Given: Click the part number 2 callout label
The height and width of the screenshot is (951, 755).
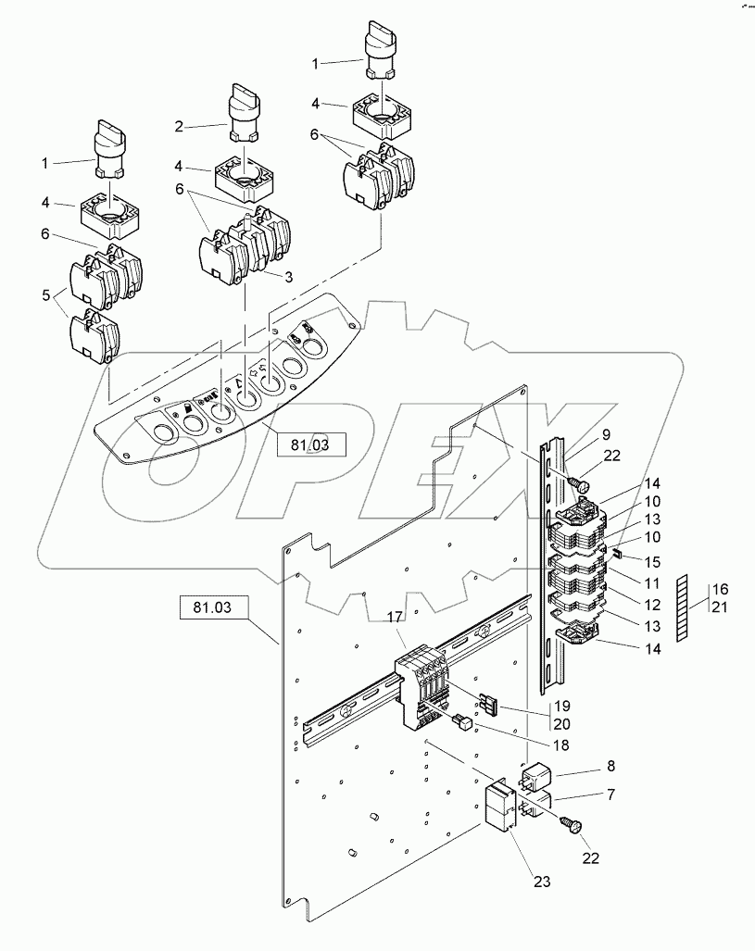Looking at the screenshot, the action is point(179,127).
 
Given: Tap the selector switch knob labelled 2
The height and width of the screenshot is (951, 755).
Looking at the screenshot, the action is point(244,113).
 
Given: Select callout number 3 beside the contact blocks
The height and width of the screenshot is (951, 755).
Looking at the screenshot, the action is point(289,277).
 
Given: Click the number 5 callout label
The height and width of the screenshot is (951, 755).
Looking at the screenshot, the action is point(46,295).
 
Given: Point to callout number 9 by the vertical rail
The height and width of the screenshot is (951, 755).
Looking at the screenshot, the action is point(606,435).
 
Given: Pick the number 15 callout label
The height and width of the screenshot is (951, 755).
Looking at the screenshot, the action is point(652,562).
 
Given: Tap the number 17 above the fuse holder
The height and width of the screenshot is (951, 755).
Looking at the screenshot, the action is point(395,618).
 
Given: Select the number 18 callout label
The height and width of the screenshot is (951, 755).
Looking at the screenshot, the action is point(561,745).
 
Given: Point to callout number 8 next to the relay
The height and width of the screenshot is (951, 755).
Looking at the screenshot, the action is point(610,766).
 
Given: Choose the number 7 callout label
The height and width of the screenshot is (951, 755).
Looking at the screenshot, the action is point(610,794).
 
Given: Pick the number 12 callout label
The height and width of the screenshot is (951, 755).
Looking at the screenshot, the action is point(652,605).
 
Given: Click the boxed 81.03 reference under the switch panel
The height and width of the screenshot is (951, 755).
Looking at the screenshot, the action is point(310,444).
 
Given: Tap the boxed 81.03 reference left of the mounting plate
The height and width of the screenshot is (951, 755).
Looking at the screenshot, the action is point(213,607).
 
